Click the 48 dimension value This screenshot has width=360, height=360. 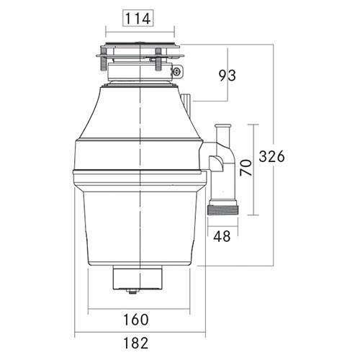(x=223, y=235)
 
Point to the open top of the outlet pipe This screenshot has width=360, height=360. (x=223, y=128)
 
